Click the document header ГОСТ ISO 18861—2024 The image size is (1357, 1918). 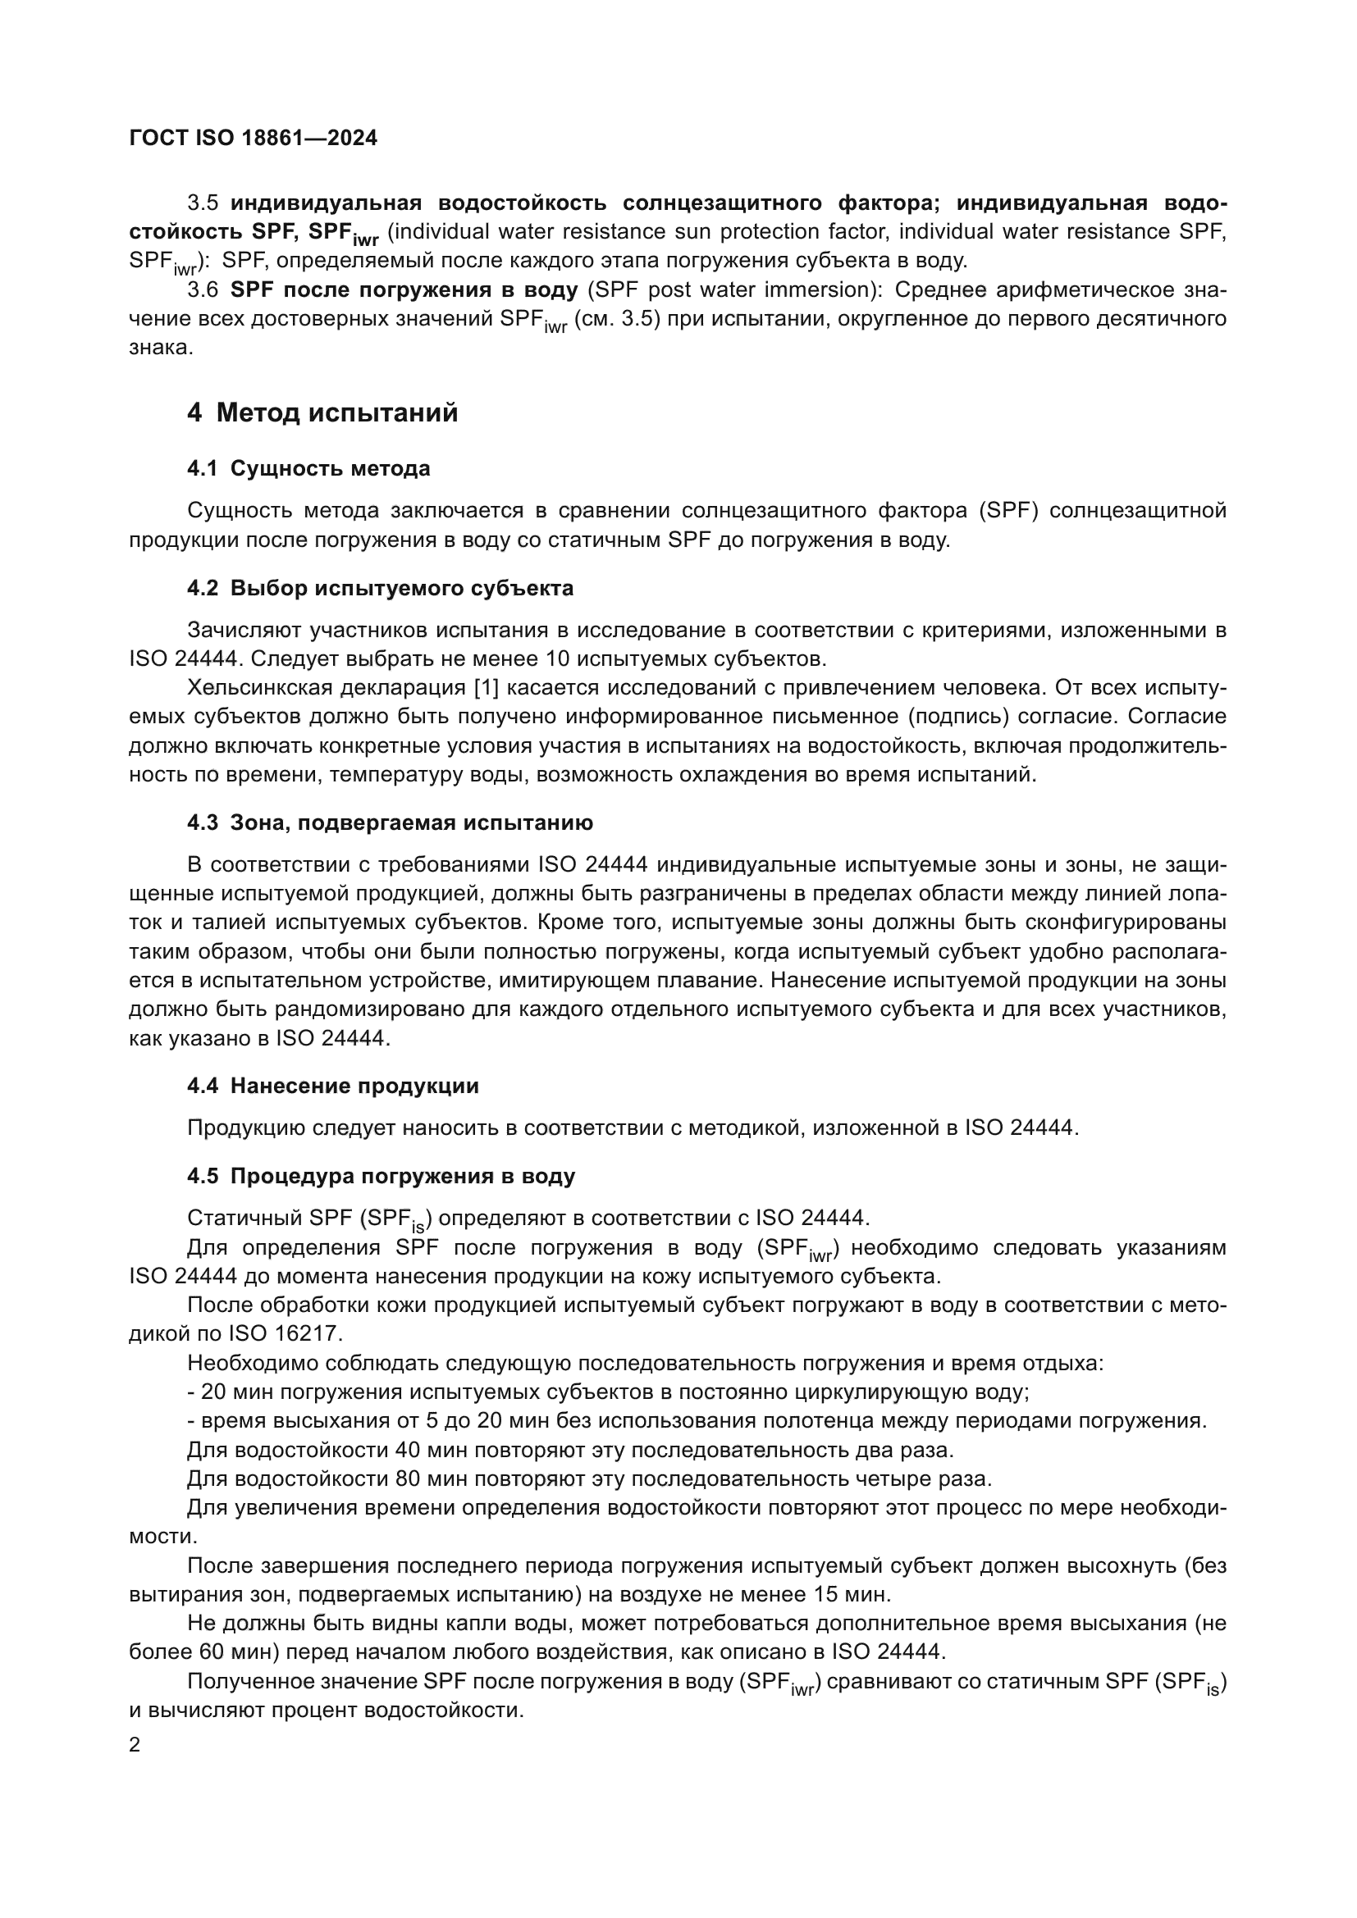tap(254, 138)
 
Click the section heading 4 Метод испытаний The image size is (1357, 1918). tap(322, 412)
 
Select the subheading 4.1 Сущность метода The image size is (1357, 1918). tap(308, 469)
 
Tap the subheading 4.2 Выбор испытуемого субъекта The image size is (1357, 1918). tap(380, 588)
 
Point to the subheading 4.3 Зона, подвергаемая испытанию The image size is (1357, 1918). tap(390, 822)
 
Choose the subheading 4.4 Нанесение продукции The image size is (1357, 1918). tap(332, 1086)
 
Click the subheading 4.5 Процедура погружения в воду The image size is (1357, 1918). tap(381, 1176)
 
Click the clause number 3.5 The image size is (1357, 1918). tap(203, 203)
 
